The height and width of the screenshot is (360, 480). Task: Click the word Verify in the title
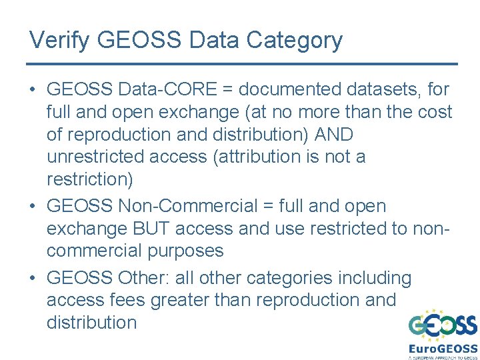pos(60,40)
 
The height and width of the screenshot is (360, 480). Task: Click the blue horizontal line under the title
pos(241,64)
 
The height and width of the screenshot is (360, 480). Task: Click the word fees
pos(127,300)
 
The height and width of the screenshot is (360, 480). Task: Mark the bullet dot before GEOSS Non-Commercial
pos(33,207)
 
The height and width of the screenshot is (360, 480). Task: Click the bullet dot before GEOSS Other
pos(33,278)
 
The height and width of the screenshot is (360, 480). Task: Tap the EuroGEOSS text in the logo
pos(443,348)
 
